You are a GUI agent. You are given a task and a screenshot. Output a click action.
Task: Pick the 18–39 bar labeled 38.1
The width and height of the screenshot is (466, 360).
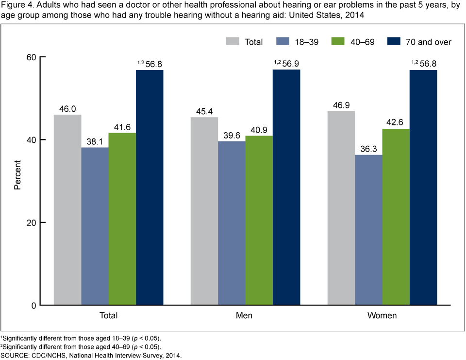click(x=95, y=226)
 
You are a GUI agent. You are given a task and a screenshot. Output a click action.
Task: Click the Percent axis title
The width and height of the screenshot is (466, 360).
click(x=17, y=181)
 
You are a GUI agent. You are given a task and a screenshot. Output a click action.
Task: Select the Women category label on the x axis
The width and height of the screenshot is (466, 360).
click(x=383, y=316)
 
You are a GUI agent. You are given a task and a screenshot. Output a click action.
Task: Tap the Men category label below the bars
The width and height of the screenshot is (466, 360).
click(x=245, y=316)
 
